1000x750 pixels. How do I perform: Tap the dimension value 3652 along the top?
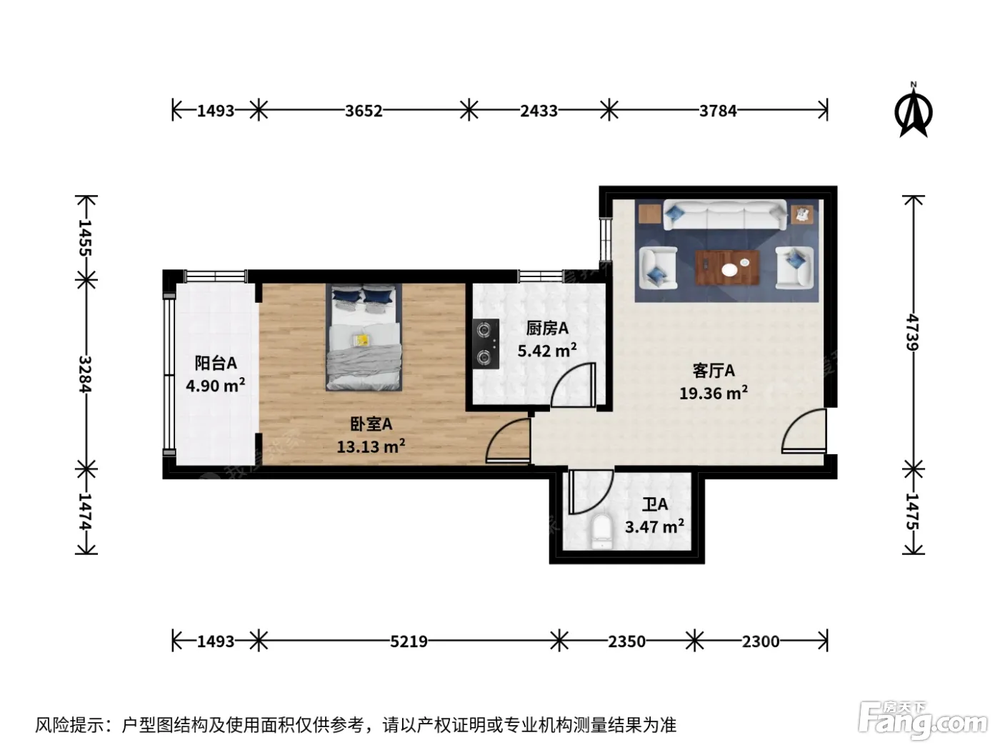coord(363,111)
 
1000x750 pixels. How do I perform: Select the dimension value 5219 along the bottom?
coord(409,641)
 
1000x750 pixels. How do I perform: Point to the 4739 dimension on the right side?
coord(913,332)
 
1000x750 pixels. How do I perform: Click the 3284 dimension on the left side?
coord(85,374)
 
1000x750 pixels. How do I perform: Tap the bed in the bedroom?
coord(364,337)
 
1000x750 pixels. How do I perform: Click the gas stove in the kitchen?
coord(485,344)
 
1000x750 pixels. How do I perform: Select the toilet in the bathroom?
coord(601,532)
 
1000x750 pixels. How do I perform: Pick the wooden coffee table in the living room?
coord(727,267)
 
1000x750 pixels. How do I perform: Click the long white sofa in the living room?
coord(725,214)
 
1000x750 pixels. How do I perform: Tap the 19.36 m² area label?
coord(714,393)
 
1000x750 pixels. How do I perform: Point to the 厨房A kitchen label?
coord(547,328)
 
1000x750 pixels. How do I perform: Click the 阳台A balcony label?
coord(216,363)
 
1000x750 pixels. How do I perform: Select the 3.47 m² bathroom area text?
coord(654,526)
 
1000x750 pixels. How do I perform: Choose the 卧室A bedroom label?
coord(371,424)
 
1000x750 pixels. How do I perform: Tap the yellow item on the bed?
coord(362,340)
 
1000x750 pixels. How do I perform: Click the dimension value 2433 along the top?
coord(539,111)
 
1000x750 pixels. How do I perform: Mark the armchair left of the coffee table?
coord(657,268)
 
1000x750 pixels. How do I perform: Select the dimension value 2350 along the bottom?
coord(626,641)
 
